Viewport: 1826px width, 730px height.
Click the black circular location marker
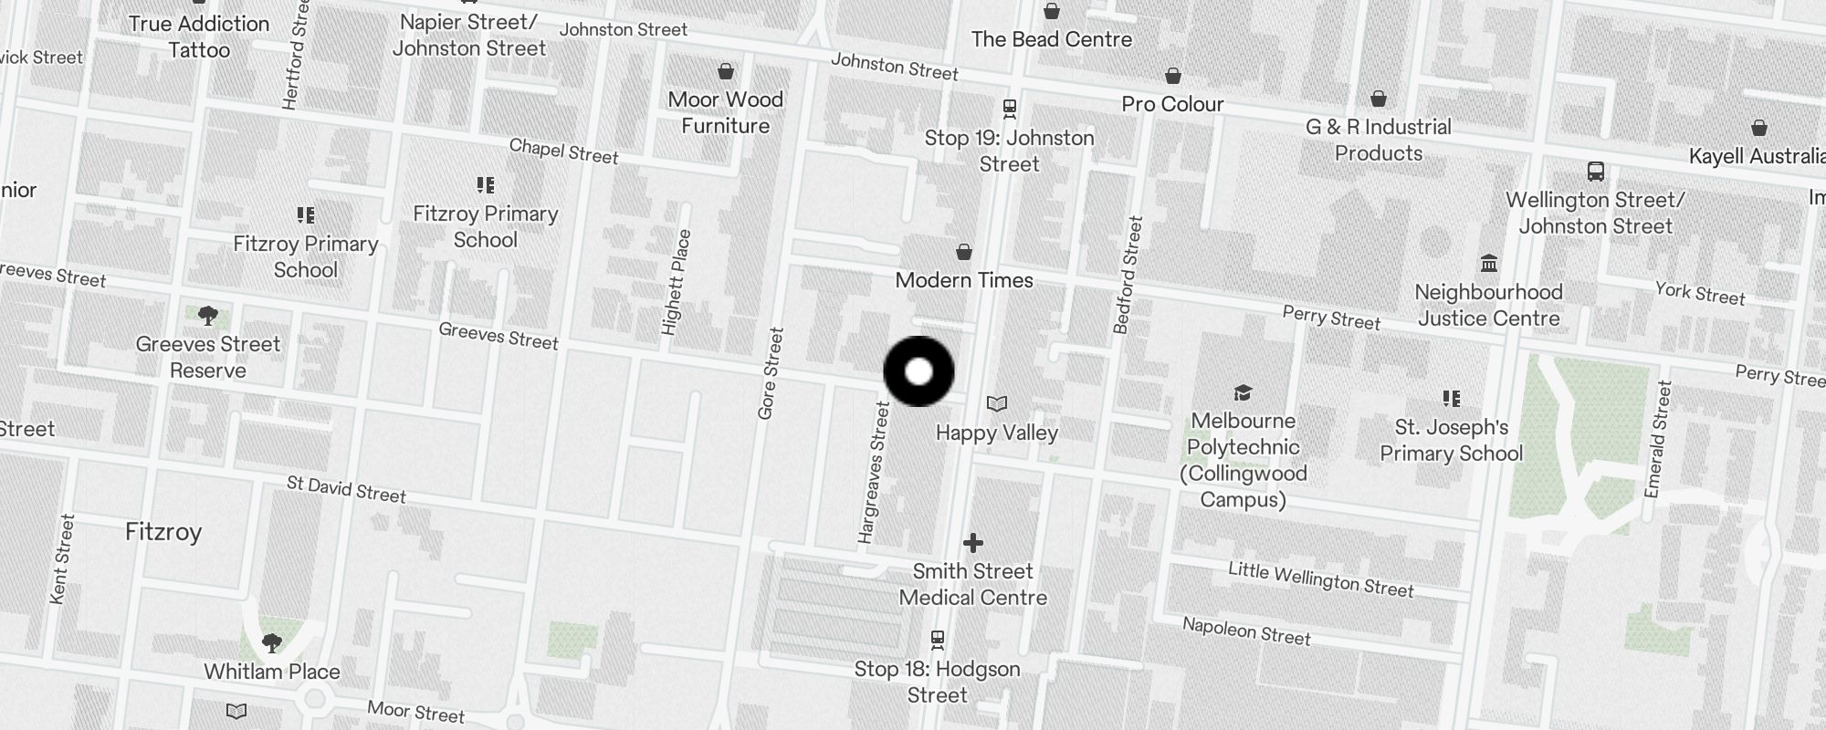[918, 371]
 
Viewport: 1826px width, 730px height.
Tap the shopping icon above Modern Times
[964, 252]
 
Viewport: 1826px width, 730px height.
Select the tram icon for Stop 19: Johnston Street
[1009, 109]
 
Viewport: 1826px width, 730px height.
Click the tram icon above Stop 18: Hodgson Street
[937, 639]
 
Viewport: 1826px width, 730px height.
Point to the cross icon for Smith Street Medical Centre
[973, 543]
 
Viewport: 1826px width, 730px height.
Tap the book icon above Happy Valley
[997, 403]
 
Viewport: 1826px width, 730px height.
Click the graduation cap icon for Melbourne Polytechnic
[1243, 392]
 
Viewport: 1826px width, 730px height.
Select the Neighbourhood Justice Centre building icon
[1489, 264]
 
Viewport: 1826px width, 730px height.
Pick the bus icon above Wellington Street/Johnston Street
[1595, 171]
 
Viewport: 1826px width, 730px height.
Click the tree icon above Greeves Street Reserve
[208, 316]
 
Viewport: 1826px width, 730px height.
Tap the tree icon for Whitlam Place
[271, 643]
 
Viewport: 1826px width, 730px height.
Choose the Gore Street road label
[771, 373]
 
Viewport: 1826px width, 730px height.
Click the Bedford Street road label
[1128, 274]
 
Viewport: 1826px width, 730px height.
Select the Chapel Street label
[563, 151]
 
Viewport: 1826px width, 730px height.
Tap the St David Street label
[346, 489]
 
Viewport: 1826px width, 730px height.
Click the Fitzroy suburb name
[163, 532]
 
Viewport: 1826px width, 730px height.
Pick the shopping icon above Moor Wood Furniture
[726, 71]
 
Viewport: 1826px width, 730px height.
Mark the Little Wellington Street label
[1320, 579]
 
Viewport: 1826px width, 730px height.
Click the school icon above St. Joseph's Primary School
[1451, 398]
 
